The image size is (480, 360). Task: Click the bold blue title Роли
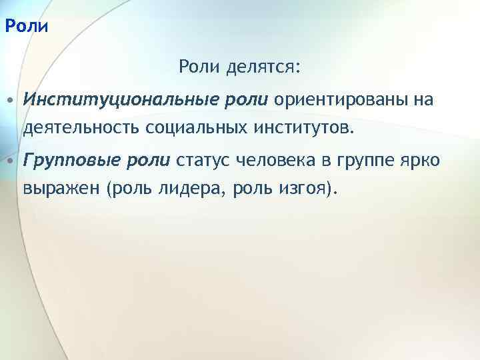click(26, 27)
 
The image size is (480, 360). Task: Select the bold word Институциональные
click(117, 100)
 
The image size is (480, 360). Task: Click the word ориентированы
click(340, 100)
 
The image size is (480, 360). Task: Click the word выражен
click(61, 189)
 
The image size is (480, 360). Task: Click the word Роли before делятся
click(197, 67)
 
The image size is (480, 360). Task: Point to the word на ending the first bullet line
click(424, 100)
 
